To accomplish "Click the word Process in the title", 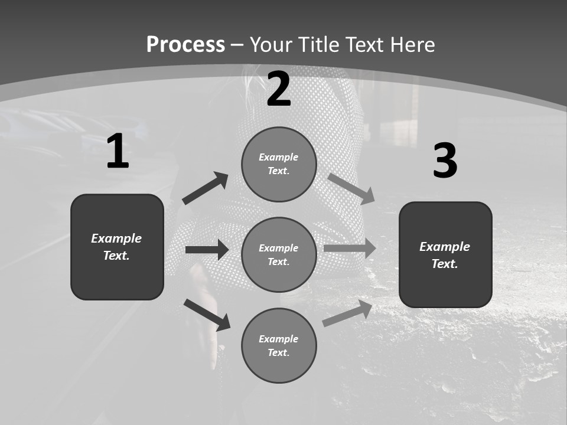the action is (185, 45).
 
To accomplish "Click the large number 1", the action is (118, 152).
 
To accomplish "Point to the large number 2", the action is (279, 89).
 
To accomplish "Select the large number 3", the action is (445, 161).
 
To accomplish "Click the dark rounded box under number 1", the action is (117, 247).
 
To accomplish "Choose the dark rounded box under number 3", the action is (445, 255).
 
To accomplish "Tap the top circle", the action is (279, 164).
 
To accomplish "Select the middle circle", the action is (279, 254).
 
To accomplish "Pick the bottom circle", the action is (279, 345).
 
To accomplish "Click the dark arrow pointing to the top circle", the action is (205, 188).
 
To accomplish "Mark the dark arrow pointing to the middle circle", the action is (207, 250).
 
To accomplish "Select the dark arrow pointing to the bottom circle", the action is (207, 315).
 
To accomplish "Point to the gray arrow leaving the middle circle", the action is (350, 249).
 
